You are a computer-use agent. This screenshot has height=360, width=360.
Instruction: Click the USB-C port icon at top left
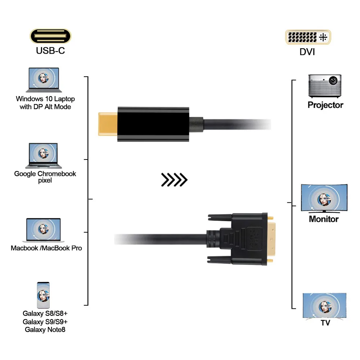coord(50,36)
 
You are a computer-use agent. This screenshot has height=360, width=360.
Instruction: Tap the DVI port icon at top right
coord(308,37)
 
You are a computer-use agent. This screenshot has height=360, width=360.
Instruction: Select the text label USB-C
coord(50,51)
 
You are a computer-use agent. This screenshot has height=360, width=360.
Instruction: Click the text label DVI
coord(307,52)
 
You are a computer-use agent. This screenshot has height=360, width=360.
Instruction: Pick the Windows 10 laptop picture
coord(42,80)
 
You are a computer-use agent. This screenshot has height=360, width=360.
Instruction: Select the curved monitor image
coord(324,199)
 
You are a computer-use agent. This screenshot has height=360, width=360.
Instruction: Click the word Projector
coord(325,105)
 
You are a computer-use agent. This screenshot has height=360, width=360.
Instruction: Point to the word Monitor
coord(324,219)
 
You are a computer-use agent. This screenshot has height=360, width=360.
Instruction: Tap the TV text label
coord(325,323)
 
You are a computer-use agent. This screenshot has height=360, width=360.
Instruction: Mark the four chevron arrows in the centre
coord(174,179)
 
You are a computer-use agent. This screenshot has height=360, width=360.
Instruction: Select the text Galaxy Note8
coord(45,329)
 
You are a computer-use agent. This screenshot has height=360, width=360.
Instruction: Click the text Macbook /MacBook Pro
coord(46,248)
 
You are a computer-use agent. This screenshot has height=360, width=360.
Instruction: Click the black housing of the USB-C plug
coord(153,124)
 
